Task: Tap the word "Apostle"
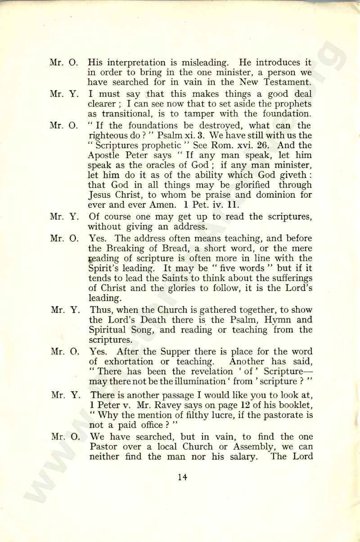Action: pos(106,156)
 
